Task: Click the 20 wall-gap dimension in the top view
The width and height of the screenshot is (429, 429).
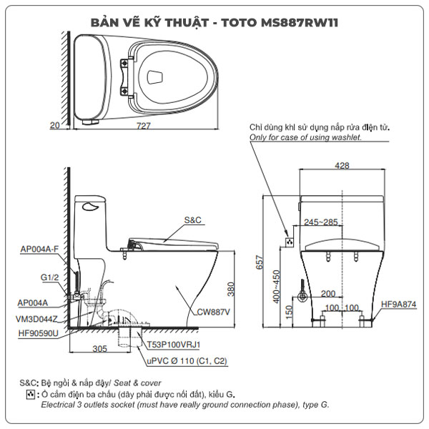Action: (x=55, y=125)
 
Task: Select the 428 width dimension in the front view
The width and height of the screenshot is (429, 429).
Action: (x=342, y=165)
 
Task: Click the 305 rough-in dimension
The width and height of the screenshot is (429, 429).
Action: (x=99, y=348)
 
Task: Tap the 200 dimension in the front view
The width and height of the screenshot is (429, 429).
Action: (x=328, y=294)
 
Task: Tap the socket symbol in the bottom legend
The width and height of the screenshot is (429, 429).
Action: (x=30, y=394)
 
